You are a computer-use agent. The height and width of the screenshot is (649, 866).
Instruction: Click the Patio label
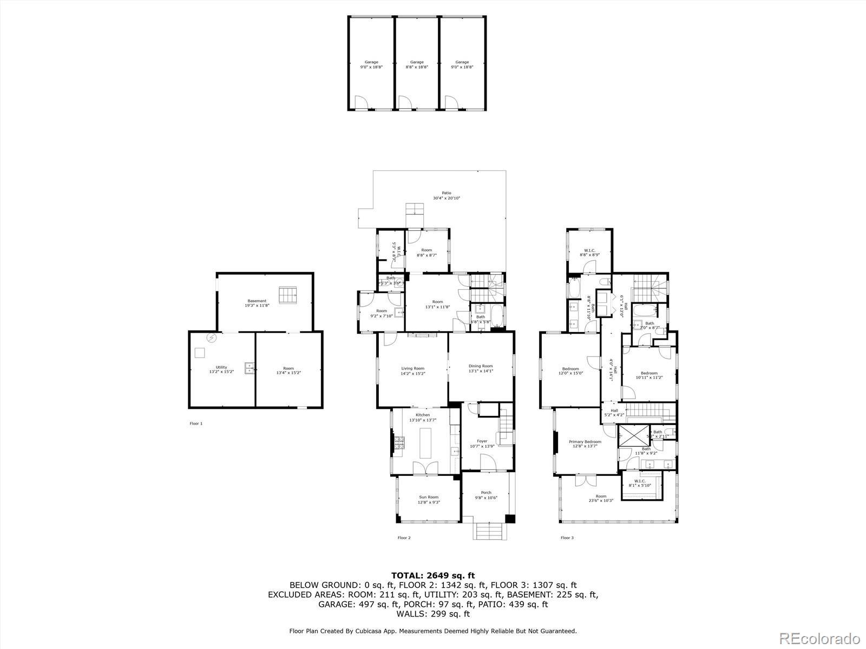click(442, 195)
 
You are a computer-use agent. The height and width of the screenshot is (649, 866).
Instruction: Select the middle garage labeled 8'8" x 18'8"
click(417, 64)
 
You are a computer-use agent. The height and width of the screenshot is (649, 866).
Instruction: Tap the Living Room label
click(412, 371)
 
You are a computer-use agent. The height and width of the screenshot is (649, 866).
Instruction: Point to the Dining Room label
click(481, 368)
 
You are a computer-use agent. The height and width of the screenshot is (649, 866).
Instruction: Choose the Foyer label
click(482, 443)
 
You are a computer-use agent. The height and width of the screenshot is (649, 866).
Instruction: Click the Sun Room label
click(429, 499)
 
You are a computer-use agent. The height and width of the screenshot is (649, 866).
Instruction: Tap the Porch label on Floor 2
click(486, 495)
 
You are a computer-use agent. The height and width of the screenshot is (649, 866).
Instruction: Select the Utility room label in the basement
click(221, 369)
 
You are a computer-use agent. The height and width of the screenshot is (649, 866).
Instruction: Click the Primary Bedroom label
click(585, 444)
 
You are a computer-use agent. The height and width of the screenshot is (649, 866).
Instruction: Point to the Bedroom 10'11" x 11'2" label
click(649, 375)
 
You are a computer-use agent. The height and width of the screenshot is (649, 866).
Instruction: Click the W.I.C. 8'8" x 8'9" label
click(589, 252)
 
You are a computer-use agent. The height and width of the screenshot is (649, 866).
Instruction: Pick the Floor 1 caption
click(196, 423)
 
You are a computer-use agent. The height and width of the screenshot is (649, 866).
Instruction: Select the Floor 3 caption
click(567, 538)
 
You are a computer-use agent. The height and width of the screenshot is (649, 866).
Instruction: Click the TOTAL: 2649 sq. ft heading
click(433, 575)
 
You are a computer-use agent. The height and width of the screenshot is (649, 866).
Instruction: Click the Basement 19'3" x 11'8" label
click(257, 303)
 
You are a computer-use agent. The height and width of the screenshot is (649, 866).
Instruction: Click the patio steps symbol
click(415, 209)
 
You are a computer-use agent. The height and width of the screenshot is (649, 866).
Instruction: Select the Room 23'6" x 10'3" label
click(601, 498)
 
